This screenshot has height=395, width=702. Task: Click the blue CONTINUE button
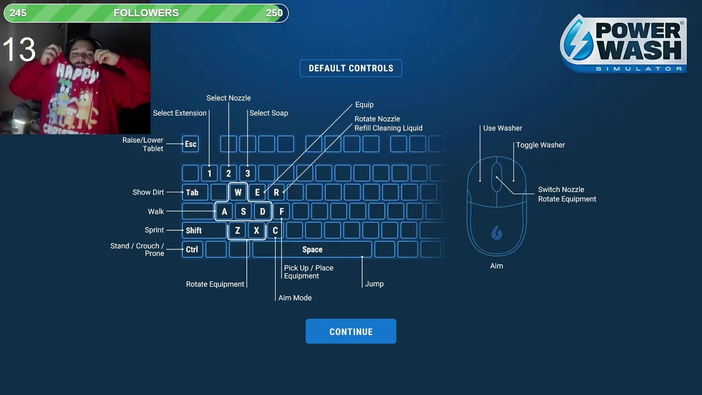click(x=350, y=331)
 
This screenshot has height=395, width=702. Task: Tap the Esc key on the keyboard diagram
click(x=190, y=144)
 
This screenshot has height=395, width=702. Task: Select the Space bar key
click(x=312, y=250)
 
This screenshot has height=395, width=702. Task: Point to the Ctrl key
click(x=192, y=250)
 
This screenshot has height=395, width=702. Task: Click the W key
click(x=238, y=193)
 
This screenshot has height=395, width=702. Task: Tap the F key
click(x=281, y=212)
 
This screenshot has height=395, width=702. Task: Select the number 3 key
click(x=247, y=173)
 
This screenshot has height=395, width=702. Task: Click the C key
click(x=275, y=230)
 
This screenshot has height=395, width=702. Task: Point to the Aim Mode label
click(x=295, y=298)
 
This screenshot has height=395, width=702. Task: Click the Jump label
click(x=374, y=284)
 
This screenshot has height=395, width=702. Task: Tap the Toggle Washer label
click(x=540, y=145)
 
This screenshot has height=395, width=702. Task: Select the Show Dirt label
click(x=148, y=193)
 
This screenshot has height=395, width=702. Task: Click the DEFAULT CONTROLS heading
click(x=351, y=69)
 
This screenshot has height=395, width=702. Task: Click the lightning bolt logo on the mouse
click(x=496, y=233)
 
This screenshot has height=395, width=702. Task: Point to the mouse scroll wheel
click(x=496, y=177)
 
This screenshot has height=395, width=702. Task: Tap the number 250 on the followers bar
click(x=274, y=13)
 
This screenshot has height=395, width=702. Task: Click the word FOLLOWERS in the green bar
click(x=146, y=13)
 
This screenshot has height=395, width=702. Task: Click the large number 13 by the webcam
click(x=19, y=50)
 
